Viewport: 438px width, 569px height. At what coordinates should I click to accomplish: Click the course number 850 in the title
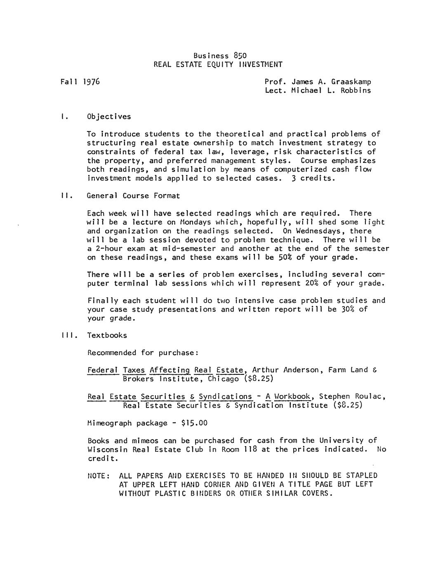coord(240,56)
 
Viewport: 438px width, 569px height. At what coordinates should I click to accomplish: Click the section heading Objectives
coord(109,117)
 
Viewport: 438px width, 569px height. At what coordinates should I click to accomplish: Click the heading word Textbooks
coord(107,335)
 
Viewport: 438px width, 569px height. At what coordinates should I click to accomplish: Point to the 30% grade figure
coord(340,309)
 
